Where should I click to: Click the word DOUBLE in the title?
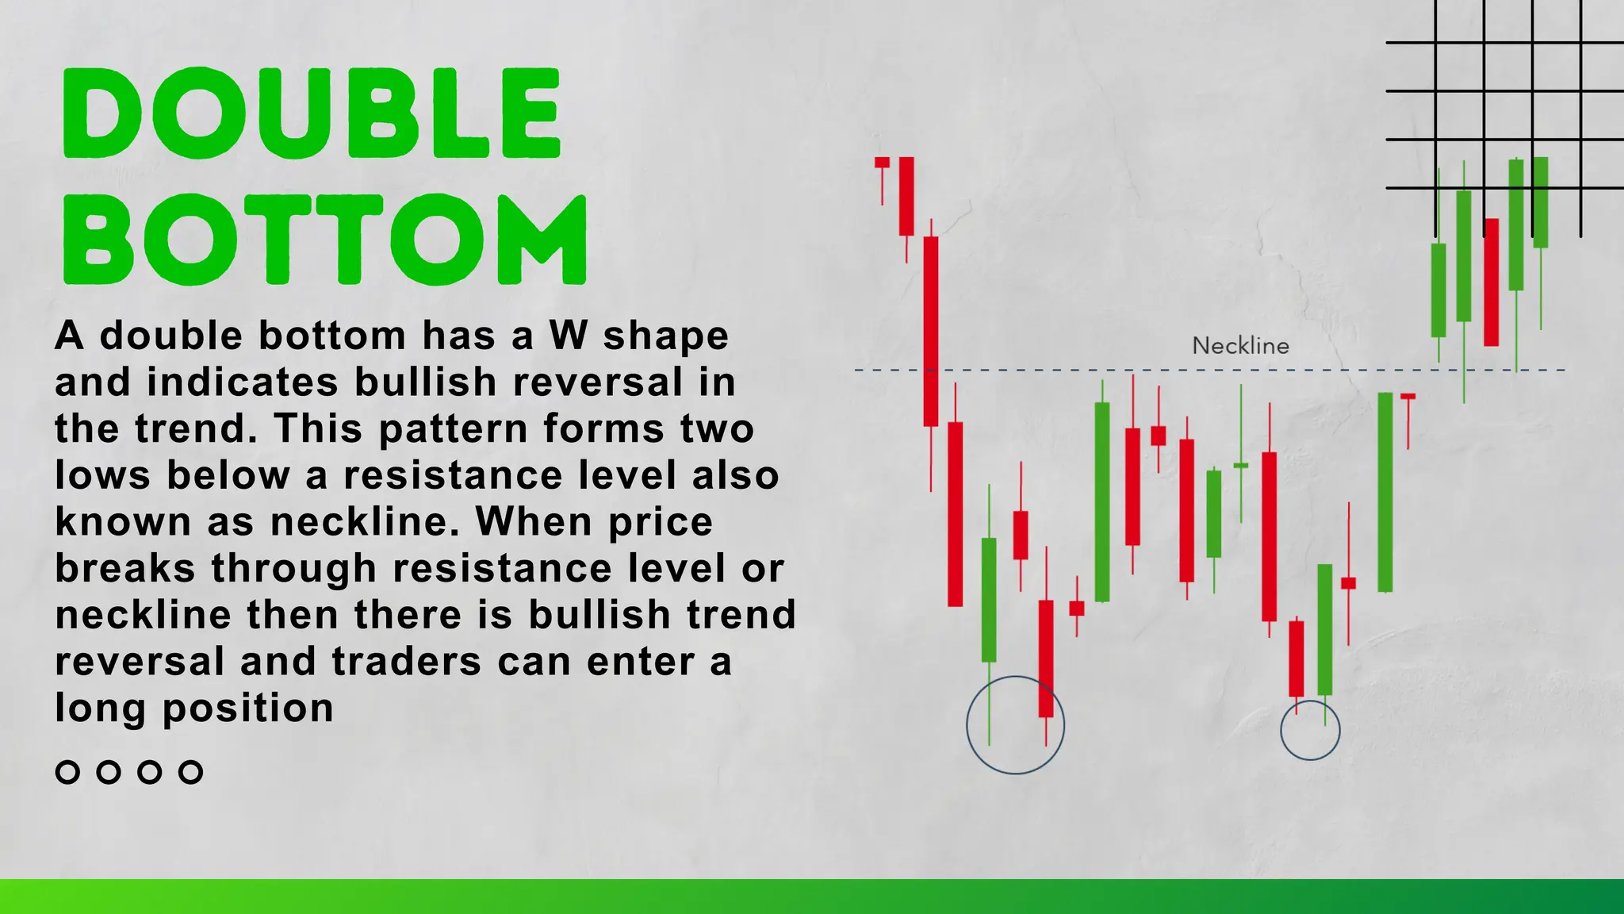point(312,113)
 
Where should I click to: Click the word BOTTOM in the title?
point(324,239)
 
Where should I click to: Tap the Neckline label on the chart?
point(1240,346)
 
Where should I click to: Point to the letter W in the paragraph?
point(568,336)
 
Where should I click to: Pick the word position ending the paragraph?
point(248,709)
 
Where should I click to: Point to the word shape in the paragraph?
point(665,336)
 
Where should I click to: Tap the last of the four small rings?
point(190,772)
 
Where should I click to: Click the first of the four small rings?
point(67,772)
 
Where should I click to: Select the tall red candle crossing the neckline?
point(931,332)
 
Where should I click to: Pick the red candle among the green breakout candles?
point(1491,282)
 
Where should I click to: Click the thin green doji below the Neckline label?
point(1241,465)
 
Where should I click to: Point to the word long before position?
point(100,709)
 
